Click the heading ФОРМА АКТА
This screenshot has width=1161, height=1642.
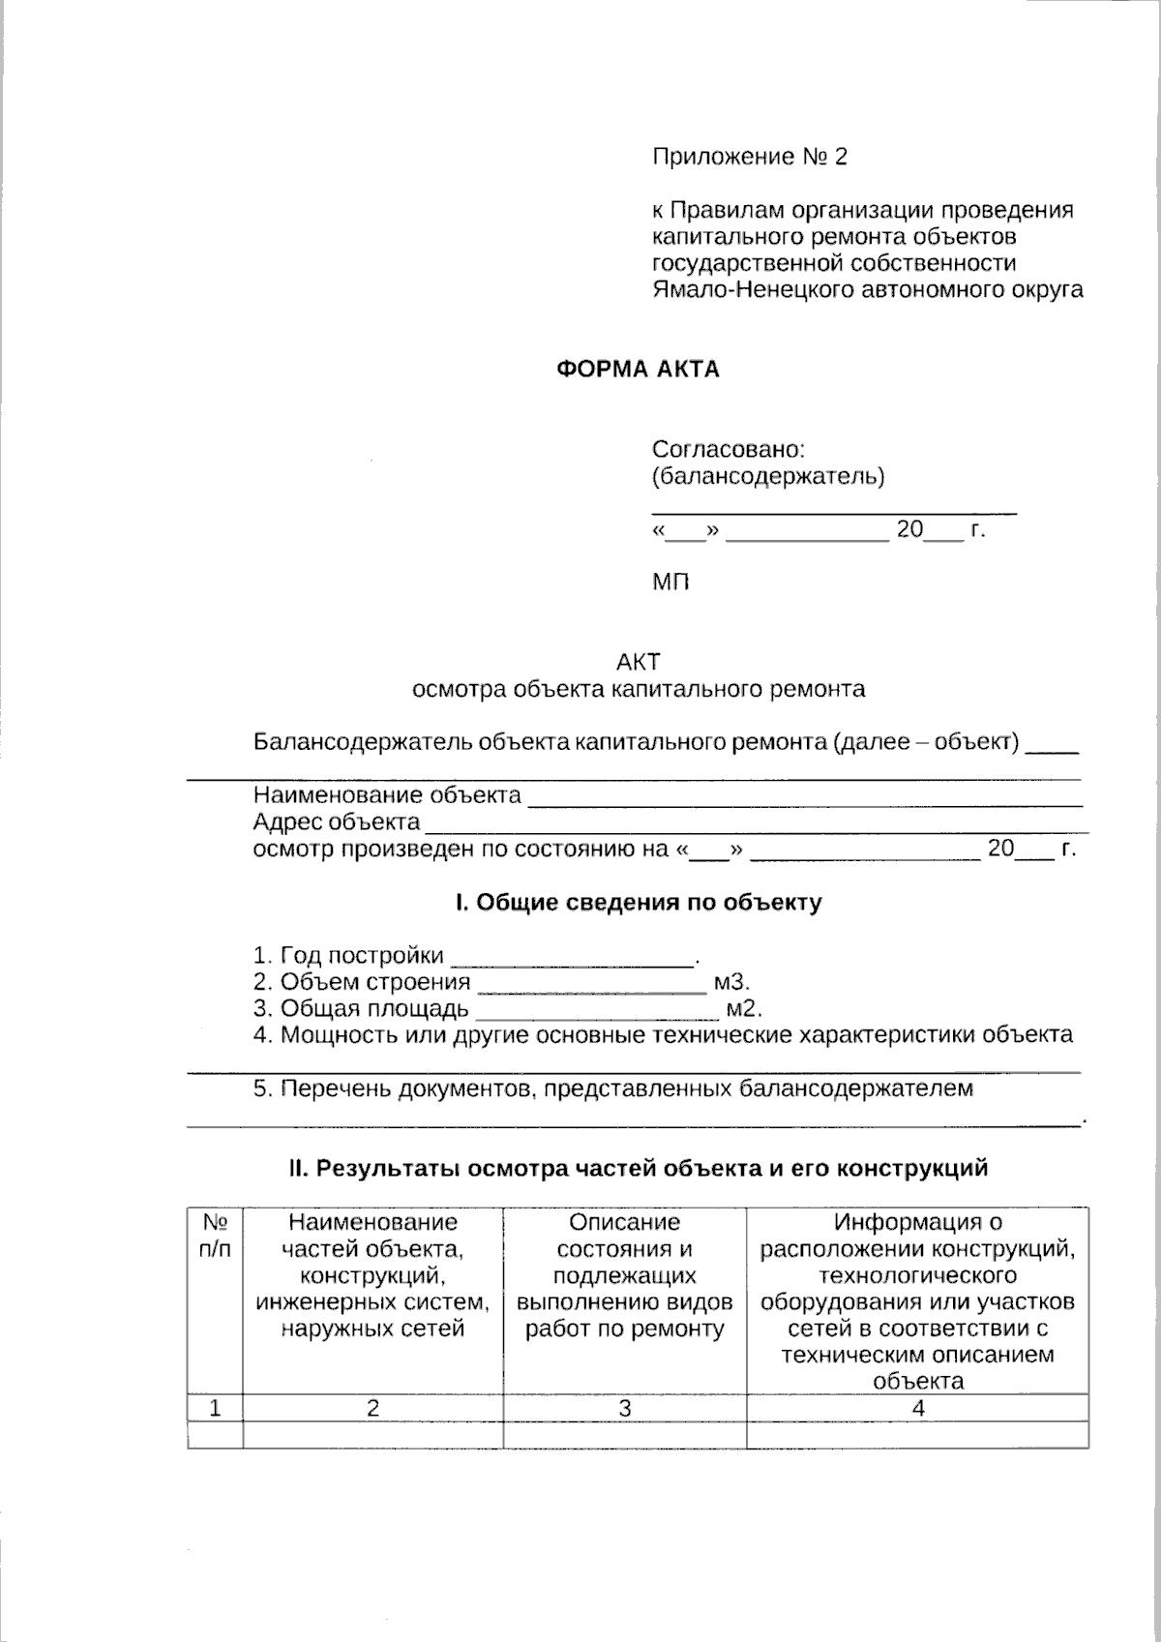[x=638, y=369]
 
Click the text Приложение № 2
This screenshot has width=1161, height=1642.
[x=750, y=157]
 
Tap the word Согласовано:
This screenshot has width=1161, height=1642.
[x=729, y=449]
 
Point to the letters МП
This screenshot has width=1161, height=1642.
[x=670, y=582]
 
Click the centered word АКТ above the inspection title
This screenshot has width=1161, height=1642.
[x=639, y=662]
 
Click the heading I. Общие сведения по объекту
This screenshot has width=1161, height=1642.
[x=639, y=903]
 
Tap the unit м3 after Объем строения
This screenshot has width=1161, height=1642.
[x=730, y=982]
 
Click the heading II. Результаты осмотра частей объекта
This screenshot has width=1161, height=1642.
[x=639, y=1168]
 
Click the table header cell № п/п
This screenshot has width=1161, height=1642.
[x=215, y=1236]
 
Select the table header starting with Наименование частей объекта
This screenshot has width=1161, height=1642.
[x=372, y=1275]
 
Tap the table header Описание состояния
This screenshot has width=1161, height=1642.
[x=624, y=1275]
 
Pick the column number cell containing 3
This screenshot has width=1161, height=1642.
[x=624, y=1409]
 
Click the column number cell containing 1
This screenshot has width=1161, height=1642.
[x=215, y=1409]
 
